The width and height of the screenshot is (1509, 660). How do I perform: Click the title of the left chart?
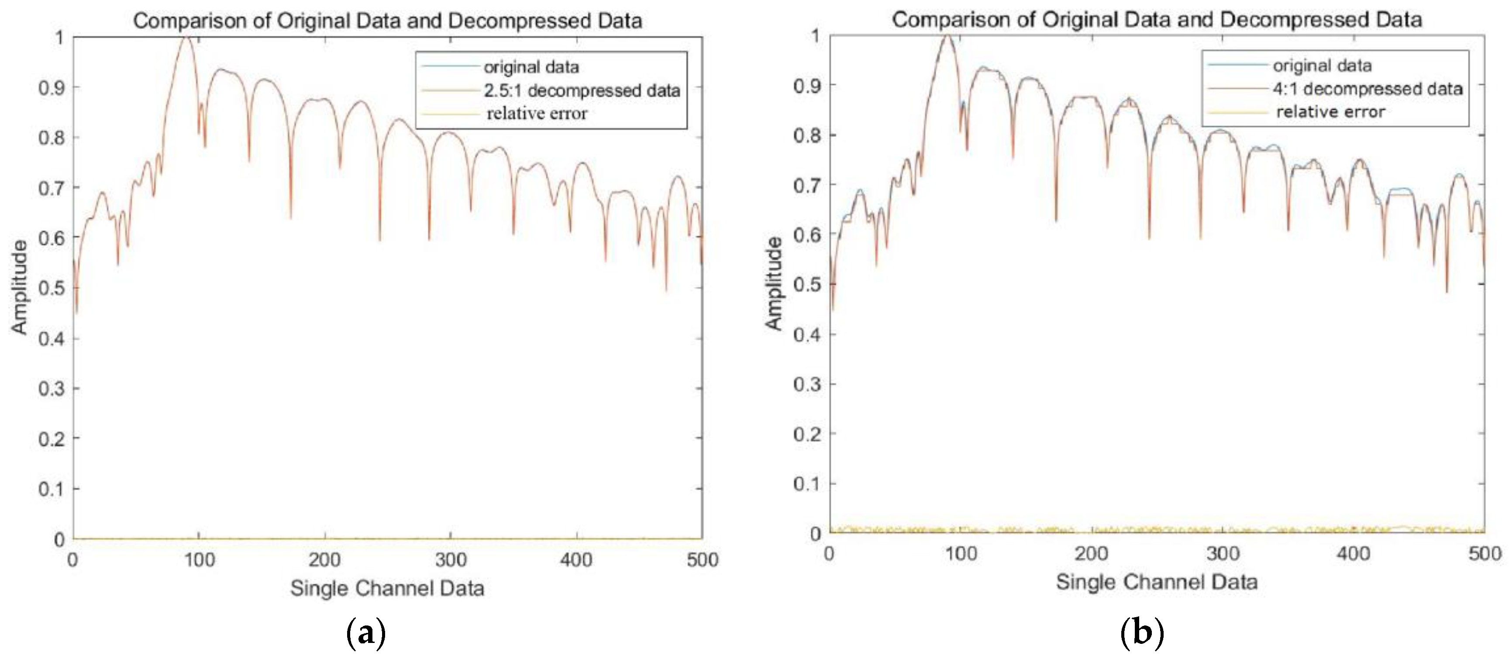click(x=387, y=21)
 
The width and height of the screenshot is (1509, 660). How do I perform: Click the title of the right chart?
click(x=1156, y=20)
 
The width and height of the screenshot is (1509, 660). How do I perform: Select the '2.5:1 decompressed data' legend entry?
click(x=582, y=90)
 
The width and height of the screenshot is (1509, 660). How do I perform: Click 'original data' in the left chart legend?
click(x=531, y=67)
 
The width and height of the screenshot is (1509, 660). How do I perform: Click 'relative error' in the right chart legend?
click(x=1330, y=111)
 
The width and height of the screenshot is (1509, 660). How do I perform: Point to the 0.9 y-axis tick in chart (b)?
click(x=806, y=86)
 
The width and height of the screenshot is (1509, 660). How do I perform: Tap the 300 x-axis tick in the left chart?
click(x=451, y=560)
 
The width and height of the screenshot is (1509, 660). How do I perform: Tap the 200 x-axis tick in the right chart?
click(x=1091, y=553)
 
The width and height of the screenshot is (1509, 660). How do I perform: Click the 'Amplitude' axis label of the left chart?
click(x=19, y=287)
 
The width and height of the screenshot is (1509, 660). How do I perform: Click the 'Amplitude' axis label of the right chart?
click(x=774, y=284)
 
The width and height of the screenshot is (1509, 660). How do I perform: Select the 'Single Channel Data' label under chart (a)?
click(x=387, y=588)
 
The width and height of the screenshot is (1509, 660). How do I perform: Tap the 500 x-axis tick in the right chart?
click(x=1484, y=553)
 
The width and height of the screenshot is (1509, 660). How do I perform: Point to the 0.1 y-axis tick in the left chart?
click(x=52, y=488)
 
